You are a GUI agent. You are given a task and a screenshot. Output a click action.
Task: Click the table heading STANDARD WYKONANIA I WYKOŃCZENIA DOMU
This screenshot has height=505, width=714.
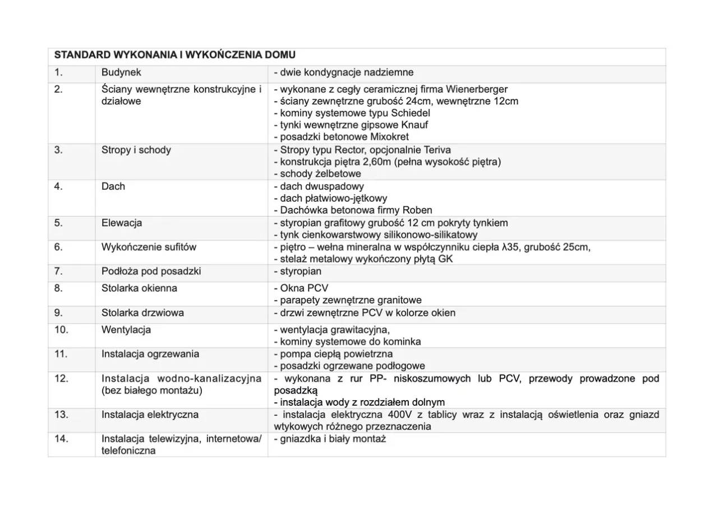174,56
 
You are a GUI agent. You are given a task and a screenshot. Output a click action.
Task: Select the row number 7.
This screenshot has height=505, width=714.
58,272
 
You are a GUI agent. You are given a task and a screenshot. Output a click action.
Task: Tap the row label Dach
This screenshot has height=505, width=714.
113,186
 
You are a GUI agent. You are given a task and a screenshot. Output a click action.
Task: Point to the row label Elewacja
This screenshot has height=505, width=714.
122,223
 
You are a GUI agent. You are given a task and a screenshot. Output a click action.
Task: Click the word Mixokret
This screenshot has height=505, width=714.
390,137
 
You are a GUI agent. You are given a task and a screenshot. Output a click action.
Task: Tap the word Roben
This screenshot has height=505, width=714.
418,210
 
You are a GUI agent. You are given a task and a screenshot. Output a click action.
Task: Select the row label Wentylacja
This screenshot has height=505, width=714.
126,329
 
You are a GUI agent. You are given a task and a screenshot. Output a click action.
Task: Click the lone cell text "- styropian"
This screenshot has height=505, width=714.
297,272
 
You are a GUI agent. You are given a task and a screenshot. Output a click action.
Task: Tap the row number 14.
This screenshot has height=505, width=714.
61,439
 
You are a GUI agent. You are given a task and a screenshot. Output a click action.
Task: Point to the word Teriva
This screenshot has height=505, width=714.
435,150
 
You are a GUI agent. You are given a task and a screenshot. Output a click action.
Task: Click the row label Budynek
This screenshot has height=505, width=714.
121,72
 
